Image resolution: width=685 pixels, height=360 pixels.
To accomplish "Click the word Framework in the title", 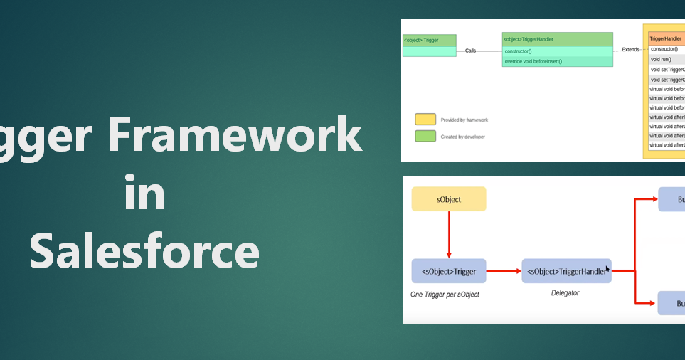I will click(x=235, y=135).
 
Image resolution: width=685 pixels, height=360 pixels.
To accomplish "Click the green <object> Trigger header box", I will click(x=429, y=41).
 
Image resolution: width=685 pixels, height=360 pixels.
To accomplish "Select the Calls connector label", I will click(x=471, y=51).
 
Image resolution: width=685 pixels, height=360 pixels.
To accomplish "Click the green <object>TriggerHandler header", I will click(x=557, y=39).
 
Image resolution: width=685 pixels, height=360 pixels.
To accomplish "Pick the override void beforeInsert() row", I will click(x=557, y=62).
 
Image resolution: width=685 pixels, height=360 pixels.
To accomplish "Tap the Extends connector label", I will click(x=630, y=50).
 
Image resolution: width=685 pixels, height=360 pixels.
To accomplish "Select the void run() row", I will click(x=662, y=59).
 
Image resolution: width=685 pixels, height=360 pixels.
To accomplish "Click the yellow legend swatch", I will click(x=426, y=120).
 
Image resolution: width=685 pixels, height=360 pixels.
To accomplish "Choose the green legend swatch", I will click(x=426, y=136).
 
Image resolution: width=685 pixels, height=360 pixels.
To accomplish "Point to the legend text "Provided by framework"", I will click(x=464, y=120).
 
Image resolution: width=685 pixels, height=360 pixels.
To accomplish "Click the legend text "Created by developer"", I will click(x=463, y=137).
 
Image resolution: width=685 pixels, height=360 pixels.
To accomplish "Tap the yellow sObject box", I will click(x=449, y=199).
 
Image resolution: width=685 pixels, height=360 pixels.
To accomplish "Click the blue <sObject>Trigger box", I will click(x=449, y=271).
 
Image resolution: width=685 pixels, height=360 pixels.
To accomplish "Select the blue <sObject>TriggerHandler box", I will click(x=566, y=271).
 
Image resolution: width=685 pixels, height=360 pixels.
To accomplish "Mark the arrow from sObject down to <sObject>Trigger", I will click(x=449, y=235).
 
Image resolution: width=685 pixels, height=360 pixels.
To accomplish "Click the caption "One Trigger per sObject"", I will click(x=446, y=294).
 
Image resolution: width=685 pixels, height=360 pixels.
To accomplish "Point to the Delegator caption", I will click(x=565, y=293).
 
